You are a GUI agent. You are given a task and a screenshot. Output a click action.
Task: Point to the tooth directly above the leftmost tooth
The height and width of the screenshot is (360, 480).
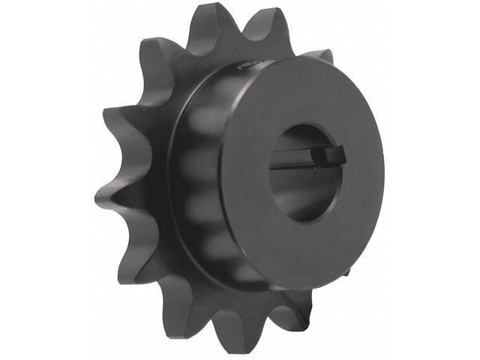click(x=120, y=120)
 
